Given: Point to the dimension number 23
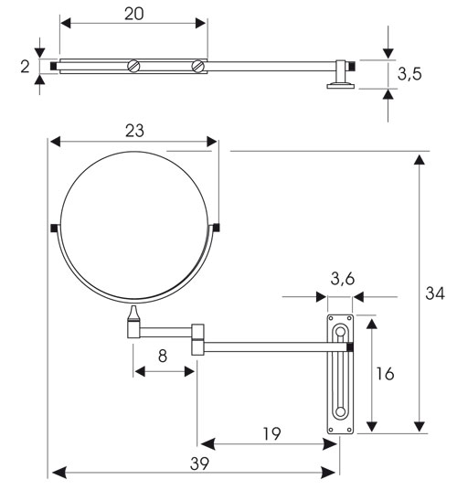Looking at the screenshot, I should (134, 131).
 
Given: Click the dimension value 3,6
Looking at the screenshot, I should (342, 280).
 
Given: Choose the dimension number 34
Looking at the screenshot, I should (437, 293).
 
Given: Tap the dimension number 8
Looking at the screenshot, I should (163, 355).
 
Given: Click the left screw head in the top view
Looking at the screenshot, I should (134, 66).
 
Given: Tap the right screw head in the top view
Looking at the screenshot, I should (198, 66).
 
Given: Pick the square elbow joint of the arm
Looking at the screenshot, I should (197, 337).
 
